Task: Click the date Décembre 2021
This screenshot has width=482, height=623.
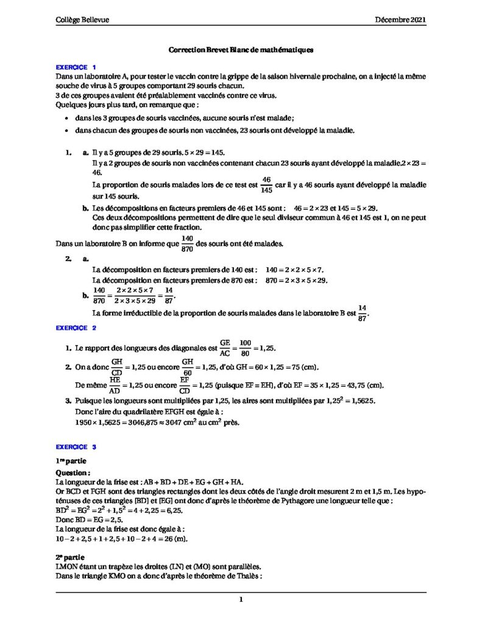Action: pos(400,20)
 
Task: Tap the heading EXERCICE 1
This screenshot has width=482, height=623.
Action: pos(76,66)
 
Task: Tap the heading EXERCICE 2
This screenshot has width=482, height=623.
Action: pos(76,329)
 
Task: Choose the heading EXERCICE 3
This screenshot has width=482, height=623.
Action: pos(76,447)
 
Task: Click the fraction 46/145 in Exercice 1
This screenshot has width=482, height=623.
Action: pos(266,184)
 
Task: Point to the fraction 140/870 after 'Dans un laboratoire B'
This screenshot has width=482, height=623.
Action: pos(187,244)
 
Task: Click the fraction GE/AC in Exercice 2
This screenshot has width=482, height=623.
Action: pos(225,349)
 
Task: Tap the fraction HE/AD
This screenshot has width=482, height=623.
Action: pos(115,385)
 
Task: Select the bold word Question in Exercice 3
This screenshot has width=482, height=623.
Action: pos(73,472)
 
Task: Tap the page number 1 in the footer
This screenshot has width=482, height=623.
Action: pos(241,600)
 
